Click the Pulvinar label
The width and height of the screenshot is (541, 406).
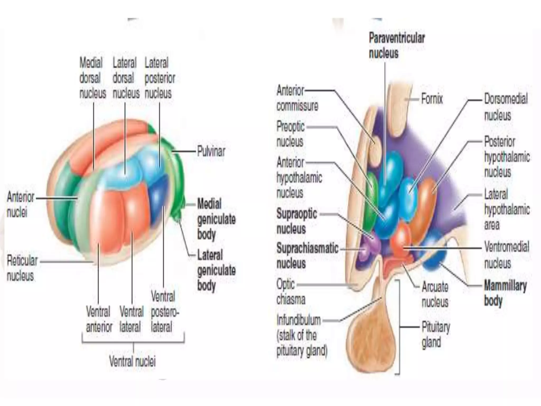[211, 152]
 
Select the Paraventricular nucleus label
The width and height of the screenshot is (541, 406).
[396, 46]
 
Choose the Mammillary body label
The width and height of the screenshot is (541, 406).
[505, 293]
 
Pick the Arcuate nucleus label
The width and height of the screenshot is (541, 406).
[435, 294]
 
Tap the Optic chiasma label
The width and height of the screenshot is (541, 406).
[290, 292]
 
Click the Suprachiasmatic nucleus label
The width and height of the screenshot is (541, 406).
[307, 256]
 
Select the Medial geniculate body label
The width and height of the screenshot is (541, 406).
[216, 219]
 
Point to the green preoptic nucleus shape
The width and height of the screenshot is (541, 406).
[371, 201]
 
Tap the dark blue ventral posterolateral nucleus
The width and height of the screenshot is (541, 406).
[159, 201]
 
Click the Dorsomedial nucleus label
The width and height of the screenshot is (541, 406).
[505, 107]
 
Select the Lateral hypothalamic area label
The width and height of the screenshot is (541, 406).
[506, 210]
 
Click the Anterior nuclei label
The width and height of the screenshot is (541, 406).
[20, 204]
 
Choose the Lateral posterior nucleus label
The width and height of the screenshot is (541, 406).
[160, 78]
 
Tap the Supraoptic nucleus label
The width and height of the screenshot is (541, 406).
[296, 221]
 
